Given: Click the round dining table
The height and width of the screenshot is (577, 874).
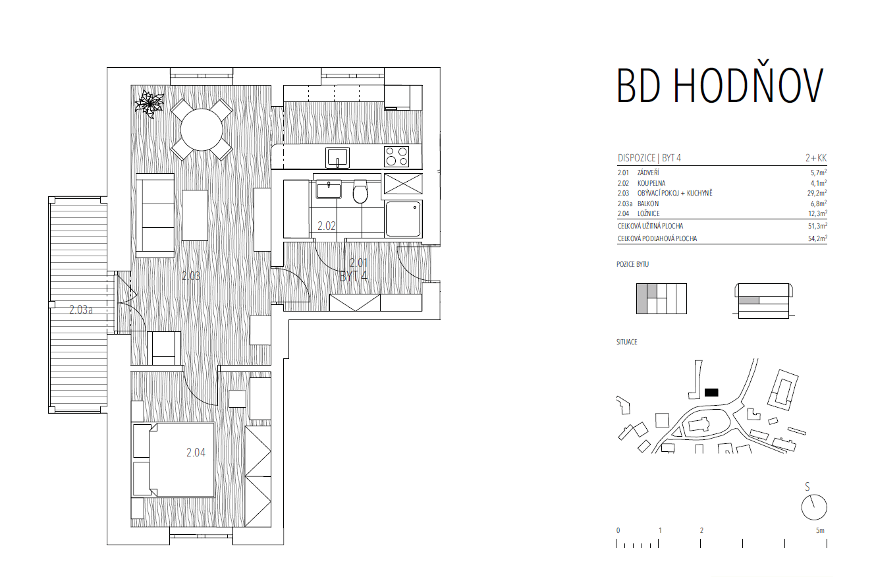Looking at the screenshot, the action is point(202,130).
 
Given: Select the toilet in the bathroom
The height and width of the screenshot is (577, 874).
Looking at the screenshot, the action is point(360,192).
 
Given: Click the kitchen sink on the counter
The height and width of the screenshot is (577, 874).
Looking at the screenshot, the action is point(337,157).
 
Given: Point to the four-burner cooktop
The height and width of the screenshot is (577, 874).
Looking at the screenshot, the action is point(396,157).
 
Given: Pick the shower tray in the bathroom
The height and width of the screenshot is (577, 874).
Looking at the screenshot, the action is point(404,219).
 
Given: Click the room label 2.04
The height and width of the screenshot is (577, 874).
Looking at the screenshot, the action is point(196,453).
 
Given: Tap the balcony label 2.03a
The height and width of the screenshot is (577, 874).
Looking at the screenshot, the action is point(81,310).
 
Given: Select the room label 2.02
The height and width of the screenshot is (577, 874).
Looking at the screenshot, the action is point(327,226).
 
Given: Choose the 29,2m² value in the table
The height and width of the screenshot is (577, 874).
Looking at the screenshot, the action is point(817,193).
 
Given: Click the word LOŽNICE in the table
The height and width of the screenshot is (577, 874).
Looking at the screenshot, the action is point(649,213).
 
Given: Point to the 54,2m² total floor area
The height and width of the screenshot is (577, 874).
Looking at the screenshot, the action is point(817,238).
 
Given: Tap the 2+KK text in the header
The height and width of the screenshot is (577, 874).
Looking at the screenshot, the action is point(816,158).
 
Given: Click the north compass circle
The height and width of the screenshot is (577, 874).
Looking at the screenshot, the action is point(814,507).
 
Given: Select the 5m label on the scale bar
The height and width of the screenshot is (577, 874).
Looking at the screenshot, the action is point(820,531).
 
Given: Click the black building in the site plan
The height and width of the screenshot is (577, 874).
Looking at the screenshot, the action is point(711,393).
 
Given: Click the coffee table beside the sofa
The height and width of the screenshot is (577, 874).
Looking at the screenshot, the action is point(195,215).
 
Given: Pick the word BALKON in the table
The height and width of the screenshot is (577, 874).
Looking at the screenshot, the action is point(648,204).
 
